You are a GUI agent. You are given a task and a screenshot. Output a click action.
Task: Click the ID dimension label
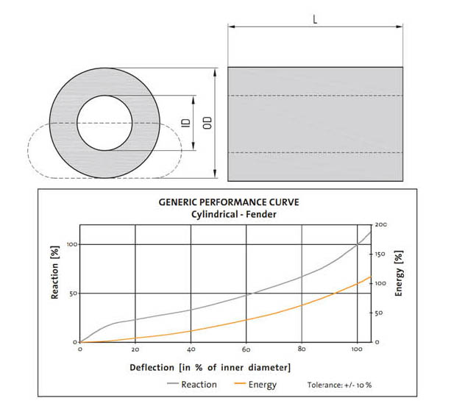tap(186, 123)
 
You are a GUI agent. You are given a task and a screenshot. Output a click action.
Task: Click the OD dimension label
tap(207, 123)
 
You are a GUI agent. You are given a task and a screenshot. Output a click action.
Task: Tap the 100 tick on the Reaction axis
tap(72, 244)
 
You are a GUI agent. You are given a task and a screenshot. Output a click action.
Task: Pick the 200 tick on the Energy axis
tap(380, 224)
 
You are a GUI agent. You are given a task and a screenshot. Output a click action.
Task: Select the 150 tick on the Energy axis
tap(380, 254)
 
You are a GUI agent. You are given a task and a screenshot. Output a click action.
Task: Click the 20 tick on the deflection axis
tap(135, 349)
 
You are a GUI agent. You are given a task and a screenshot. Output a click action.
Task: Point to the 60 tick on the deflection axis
tap(246, 349)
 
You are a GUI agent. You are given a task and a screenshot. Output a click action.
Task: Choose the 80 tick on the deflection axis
tap(302, 349)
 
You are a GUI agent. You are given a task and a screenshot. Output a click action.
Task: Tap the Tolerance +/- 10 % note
tap(340, 385)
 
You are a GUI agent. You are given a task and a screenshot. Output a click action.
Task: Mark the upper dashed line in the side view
tap(315, 96)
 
